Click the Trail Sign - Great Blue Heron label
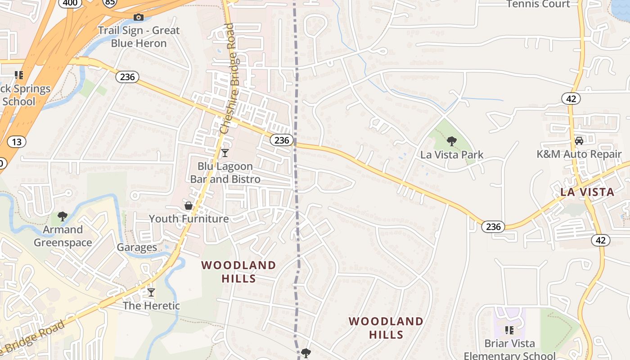tap(139, 37)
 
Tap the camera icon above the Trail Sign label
tap(139, 18)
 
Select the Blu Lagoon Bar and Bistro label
tap(225, 173)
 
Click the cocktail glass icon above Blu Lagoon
tap(225, 153)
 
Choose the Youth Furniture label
tap(189, 219)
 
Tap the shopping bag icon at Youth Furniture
tap(189, 206)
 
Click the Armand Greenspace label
tap(63, 236)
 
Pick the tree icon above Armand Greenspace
tap(63, 216)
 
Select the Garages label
tap(137, 247)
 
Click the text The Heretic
tap(151, 306)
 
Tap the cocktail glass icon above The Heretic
tap(151, 292)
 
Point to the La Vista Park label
tap(452, 155)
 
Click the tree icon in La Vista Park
tap(452, 141)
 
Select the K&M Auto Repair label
tap(579, 154)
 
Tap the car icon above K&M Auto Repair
tap(579, 141)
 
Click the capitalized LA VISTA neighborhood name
tap(587, 192)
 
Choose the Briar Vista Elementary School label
tap(509, 350)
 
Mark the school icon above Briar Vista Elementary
tap(509, 330)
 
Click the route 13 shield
tap(17, 142)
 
